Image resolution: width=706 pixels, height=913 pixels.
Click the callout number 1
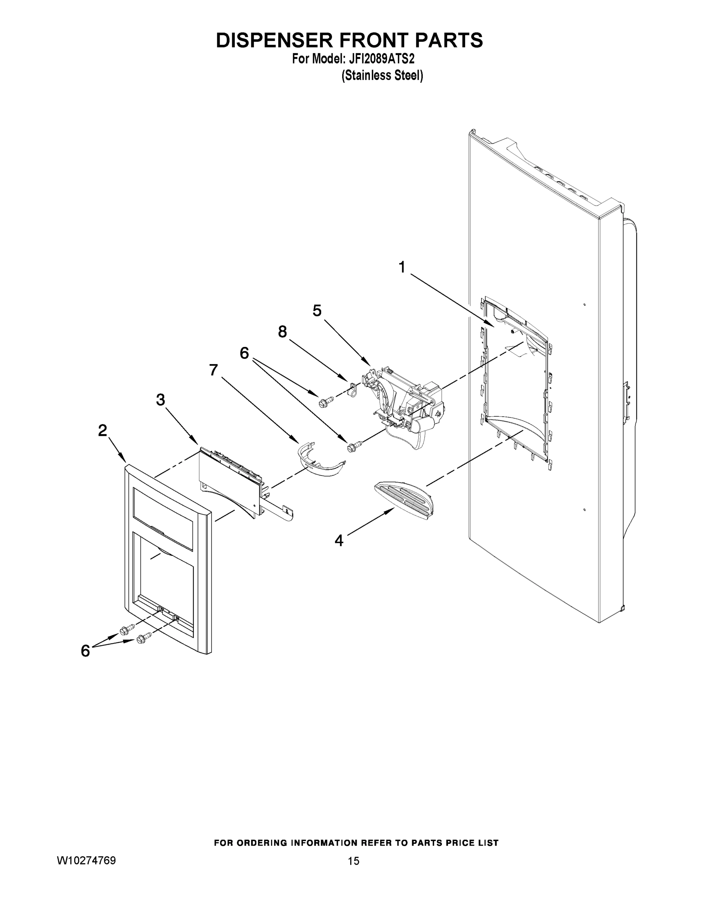[402, 267]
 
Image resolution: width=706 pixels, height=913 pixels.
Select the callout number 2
[102, 430]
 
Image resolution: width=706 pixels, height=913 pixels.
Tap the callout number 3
[161, 400]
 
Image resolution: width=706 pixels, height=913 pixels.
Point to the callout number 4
[339, 541]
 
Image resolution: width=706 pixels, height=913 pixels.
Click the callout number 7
[213, 370]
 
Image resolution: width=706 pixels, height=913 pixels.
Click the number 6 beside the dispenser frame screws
[85, 651]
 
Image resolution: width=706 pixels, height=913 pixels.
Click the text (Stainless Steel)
[382, 76]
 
